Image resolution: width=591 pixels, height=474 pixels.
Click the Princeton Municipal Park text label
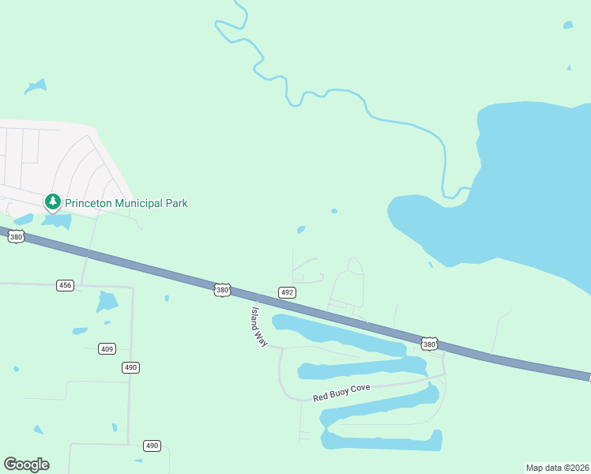coord(126,203)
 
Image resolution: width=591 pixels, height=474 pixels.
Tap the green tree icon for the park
coord(53,202)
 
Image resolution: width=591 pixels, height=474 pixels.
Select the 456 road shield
coord(65,285)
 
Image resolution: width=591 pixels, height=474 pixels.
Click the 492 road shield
coord(287,292)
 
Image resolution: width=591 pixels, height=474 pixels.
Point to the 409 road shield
coord(107,348)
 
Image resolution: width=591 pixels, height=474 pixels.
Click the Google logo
coord(26,465)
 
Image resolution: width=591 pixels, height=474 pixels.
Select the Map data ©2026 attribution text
coord(557,468)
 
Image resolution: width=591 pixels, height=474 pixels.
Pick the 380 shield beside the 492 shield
coord(222,290)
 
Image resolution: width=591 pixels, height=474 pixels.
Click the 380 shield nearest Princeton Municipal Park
coord(17,236)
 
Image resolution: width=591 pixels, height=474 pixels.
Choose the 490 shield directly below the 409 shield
coord(130,367)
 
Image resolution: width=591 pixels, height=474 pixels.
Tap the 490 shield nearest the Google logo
coord(152,446)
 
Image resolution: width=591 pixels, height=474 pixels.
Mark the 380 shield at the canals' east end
coord(429,344)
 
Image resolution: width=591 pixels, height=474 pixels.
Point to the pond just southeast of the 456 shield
coord(106,301)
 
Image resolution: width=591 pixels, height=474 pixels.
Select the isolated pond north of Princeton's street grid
coord(36,85)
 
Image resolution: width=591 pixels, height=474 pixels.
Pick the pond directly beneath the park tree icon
coord(56,221)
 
